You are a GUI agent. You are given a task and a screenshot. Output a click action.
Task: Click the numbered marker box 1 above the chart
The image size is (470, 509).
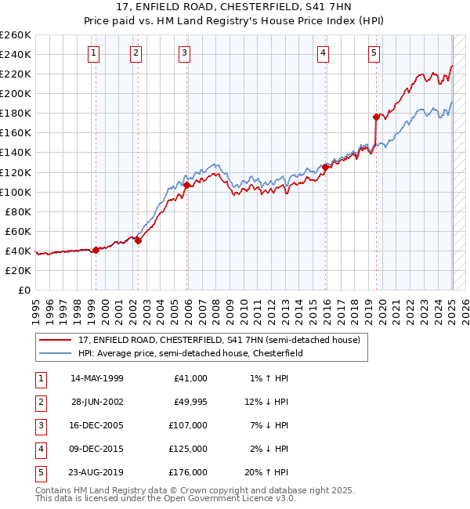[x=93, y=53]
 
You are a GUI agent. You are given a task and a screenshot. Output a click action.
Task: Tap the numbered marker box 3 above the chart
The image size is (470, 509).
[x=184, y=53]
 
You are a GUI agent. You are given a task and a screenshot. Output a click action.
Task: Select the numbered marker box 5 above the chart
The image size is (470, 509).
[x=374, y=53]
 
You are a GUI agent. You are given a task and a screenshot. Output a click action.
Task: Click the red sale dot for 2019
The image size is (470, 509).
[x=376, y=117]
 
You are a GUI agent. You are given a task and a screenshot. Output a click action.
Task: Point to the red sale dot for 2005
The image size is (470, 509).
[x=187, y=185]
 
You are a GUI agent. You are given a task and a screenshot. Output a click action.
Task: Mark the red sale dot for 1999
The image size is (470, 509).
[x=96, y=250]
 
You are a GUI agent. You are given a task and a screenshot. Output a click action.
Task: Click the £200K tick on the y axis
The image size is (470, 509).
[x=15, y=93]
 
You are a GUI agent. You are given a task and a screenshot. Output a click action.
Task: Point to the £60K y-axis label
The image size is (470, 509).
[x=18, y=231]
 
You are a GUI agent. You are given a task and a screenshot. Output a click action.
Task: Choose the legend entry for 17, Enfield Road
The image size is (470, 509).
[x=219, y=340]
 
